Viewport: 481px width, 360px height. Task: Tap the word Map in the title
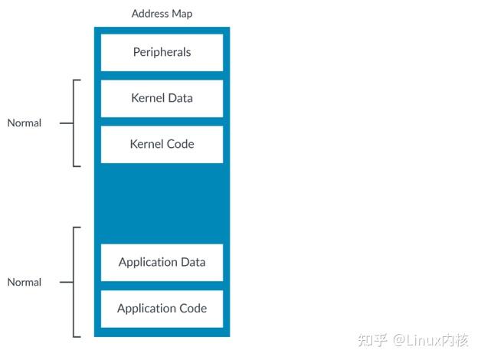(182, 14)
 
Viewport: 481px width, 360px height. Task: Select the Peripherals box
(162, 53)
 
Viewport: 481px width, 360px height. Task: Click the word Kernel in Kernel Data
(146, 98)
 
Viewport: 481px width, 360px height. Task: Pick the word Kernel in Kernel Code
(146, 144)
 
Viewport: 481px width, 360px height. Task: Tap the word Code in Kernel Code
(180, 144)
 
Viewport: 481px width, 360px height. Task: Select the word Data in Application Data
(192, 262)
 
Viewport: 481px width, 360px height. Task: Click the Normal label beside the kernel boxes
(25, 123)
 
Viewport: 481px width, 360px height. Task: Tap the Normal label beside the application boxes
(25, 282)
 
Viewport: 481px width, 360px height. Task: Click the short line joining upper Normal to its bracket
(66, 123)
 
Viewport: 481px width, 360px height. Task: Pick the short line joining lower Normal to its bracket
(66, 282)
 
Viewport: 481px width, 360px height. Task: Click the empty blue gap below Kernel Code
(162, 203)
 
